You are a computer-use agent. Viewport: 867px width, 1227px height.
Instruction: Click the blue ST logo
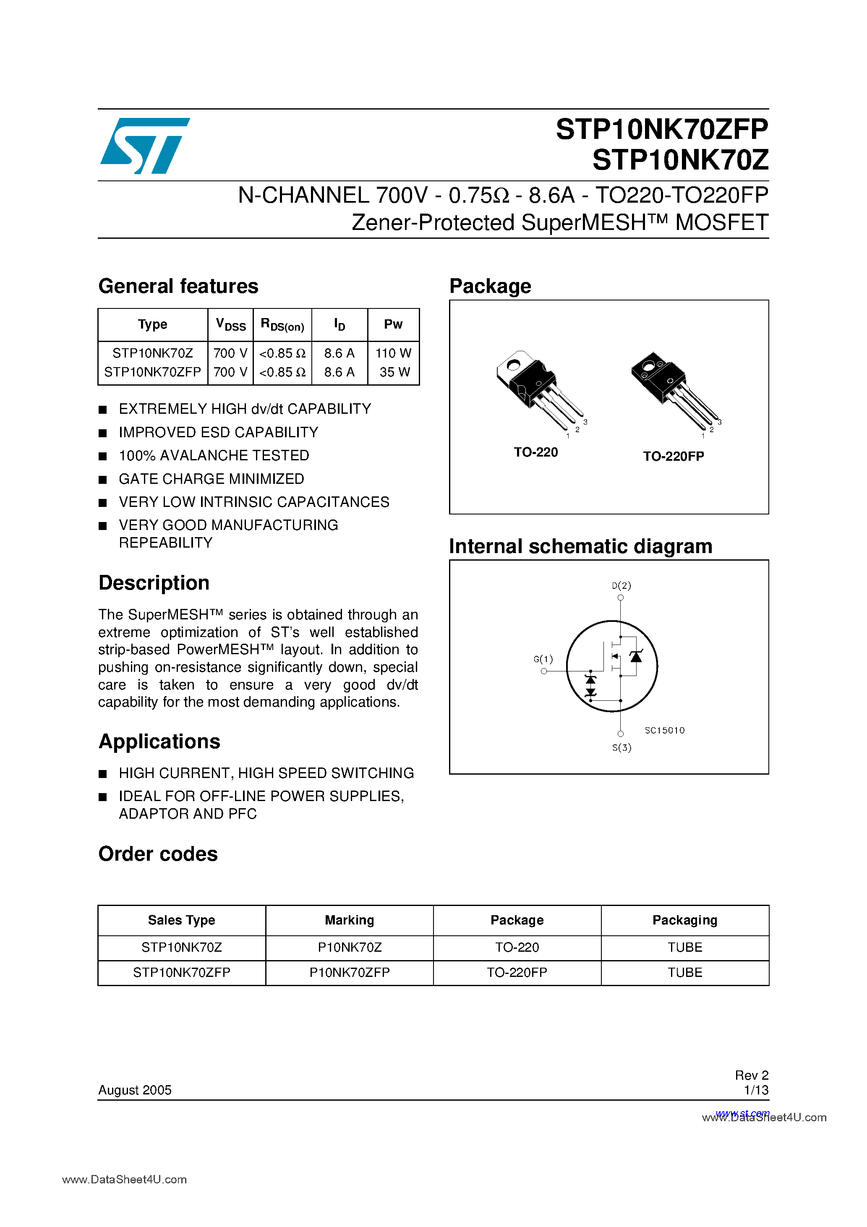(144, 145)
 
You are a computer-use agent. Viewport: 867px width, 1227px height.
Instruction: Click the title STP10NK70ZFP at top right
(662, 129)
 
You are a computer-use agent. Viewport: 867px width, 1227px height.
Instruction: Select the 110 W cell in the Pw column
(393, 353)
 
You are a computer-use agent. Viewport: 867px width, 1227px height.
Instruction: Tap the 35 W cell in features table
(394, 372)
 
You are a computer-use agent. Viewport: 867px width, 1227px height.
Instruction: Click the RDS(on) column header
(282, 325)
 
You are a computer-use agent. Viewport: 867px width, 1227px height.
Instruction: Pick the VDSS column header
(230, 324)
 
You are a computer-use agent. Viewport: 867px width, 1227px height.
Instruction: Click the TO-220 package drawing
(537, 389)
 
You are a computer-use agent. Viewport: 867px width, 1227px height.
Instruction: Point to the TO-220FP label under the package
(673, 457)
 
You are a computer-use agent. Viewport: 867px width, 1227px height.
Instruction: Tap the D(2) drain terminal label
(621, 586)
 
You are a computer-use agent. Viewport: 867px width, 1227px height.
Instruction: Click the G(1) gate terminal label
(543, 660)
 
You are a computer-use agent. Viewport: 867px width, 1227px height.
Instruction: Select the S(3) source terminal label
(622, 748)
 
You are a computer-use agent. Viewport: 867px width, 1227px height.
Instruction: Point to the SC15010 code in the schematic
(664, 731)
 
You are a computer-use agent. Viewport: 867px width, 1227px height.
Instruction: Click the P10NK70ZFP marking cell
(350, 973)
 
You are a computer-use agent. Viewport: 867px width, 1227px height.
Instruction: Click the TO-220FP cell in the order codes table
(517, 973)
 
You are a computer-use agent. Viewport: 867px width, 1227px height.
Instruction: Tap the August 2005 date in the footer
(135, 1090)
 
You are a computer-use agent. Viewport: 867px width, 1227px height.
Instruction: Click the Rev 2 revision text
(751, 1075)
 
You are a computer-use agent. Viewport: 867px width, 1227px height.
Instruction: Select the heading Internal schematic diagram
(580, 546)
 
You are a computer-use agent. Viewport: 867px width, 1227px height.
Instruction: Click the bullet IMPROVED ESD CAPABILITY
(218, 432)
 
